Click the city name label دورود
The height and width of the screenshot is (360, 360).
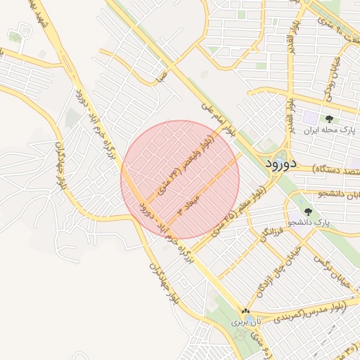292,164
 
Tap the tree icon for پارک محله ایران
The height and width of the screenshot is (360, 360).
329,119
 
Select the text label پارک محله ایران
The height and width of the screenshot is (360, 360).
326,131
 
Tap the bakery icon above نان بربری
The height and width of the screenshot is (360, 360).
245,311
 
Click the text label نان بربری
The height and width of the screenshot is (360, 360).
245,321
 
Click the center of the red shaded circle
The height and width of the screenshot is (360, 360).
180,180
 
